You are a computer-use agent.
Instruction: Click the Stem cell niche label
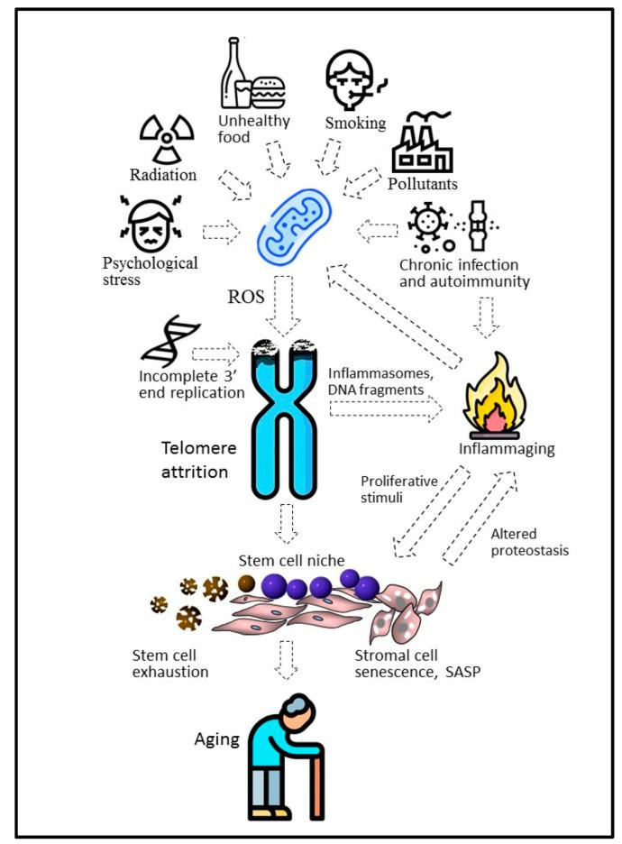(281, 563)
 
